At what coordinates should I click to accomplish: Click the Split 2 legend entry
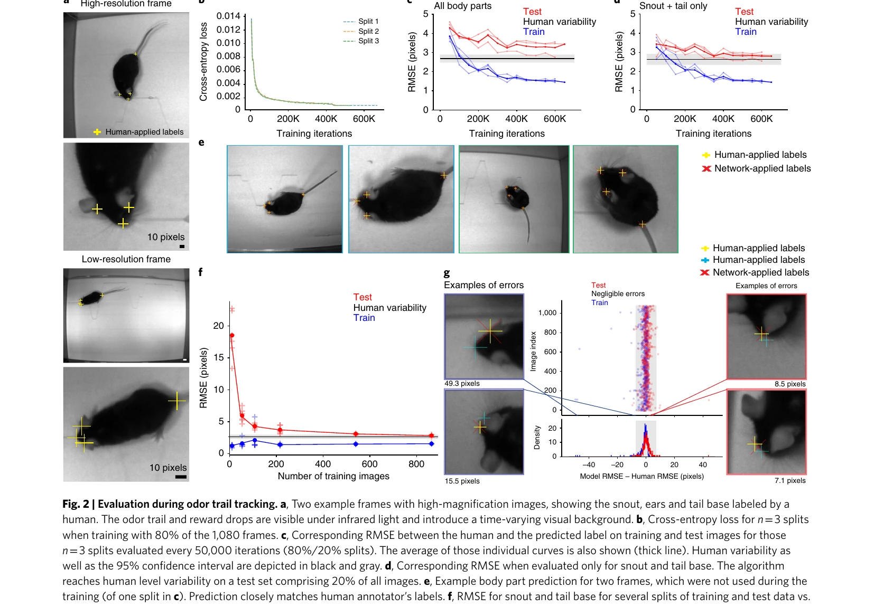point(361,31)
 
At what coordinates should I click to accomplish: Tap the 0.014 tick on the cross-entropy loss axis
point(228,16)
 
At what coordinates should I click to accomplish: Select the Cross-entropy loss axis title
point(203,62)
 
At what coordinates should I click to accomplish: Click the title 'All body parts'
point(462,6)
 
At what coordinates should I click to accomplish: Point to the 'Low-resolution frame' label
point(126,259)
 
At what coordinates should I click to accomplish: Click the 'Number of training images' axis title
point(333,476)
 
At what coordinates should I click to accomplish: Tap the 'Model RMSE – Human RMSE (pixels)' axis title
point(642,476)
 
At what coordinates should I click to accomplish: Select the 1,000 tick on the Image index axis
point(547,312)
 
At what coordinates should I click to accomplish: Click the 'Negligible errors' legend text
point(618,293)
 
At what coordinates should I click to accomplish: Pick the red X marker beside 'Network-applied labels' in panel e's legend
point(706,168)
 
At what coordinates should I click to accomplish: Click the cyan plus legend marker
point(705,260)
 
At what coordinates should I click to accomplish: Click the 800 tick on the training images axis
point(416,464)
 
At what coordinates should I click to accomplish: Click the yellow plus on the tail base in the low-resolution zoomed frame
point(176,401)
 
